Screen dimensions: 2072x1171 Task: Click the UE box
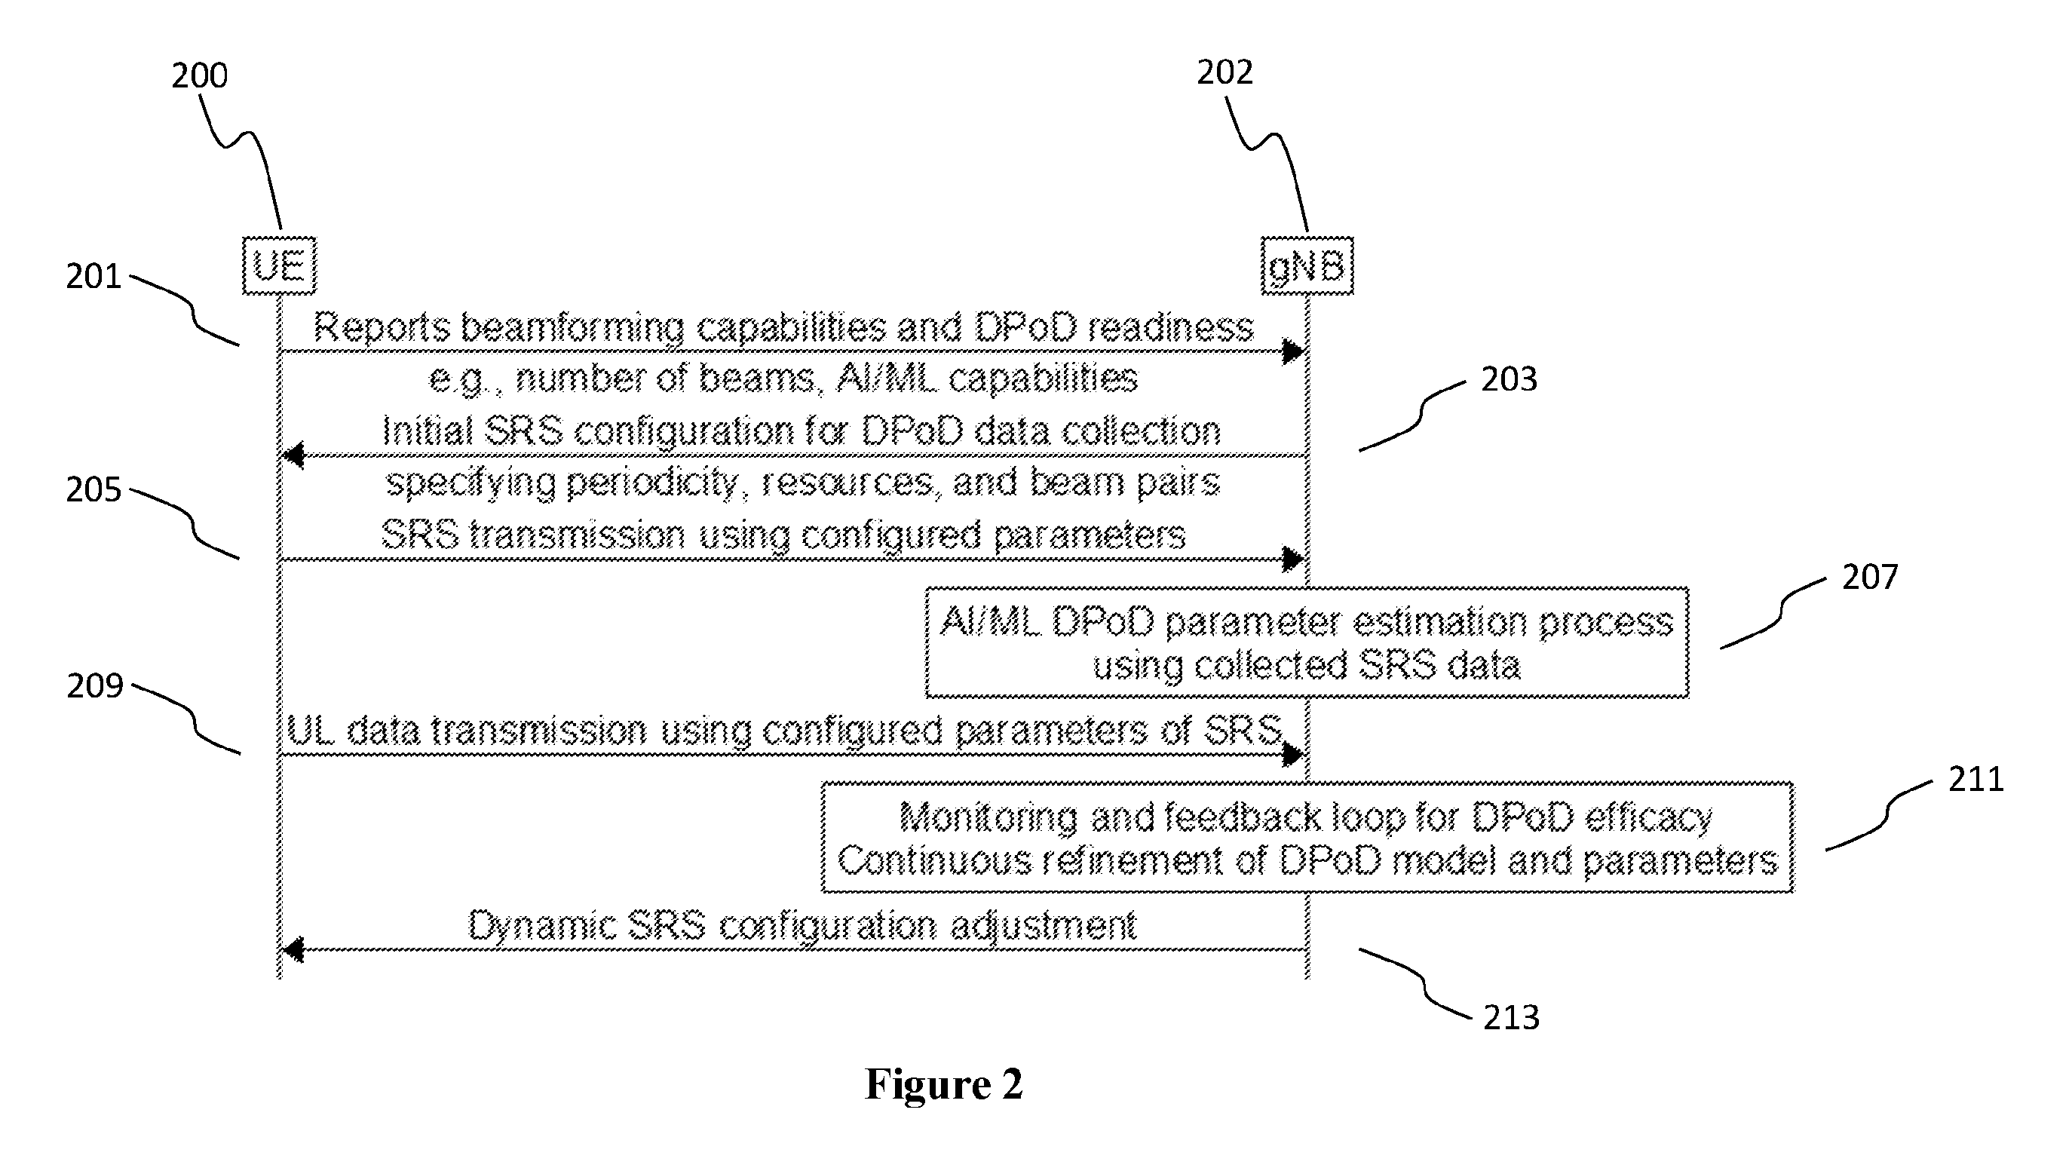[x=279, y=265]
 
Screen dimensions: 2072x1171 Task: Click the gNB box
[x=1307, y=265]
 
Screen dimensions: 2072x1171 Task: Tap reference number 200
[x=200, y=75]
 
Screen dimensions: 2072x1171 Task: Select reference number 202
[x=1225, y=72]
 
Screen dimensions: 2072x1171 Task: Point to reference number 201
[x=93, y=277]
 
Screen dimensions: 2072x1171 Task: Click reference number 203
[x=1509, y=379]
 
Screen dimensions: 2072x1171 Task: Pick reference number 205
[x=93, y=490]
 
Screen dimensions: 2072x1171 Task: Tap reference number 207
[x=1870, y=577]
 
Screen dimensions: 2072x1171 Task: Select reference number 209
[x=95, y=686]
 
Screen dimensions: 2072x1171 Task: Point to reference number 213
[x=1511, y=1017]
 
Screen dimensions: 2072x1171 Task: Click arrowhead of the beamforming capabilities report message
[x=1292, y=351]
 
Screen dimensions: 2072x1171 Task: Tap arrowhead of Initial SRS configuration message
[x=293, y=455]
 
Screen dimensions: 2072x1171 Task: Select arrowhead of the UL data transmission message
[x=1292, y=754]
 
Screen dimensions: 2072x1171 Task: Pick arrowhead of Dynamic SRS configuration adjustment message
[x=293, y=950]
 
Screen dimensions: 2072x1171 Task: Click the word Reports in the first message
[x=382, y=327]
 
